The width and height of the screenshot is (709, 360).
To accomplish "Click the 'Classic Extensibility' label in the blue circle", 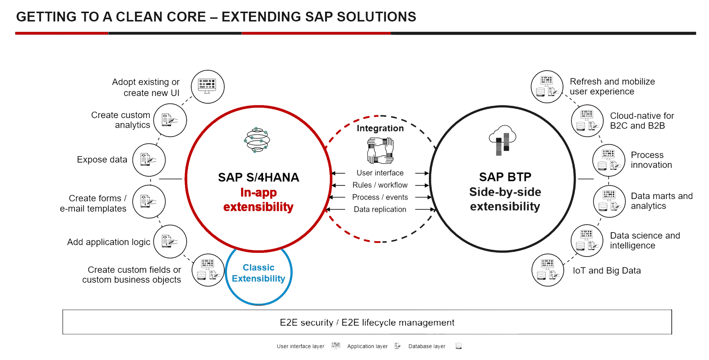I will point(258,273).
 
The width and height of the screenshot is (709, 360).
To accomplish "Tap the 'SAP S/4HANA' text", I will point(258,177).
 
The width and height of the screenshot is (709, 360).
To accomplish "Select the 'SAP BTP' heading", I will point(505,177).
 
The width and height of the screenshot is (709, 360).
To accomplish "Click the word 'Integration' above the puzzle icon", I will point(380,128).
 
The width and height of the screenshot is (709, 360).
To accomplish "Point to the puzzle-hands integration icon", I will point(380,151).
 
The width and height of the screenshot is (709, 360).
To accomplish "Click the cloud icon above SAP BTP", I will point(502,140).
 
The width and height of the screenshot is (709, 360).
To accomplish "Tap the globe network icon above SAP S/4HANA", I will point(257,140).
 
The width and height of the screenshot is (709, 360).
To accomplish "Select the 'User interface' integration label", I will point(380,173).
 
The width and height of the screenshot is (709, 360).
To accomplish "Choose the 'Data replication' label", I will point(380,210).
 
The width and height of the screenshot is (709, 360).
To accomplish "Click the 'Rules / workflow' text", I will point(380,185).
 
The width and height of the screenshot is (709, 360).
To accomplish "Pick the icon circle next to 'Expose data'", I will point(149,160).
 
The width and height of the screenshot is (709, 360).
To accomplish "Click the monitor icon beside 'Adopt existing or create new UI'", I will point(207,87).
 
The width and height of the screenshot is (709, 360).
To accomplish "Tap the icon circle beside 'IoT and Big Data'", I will point(548,270).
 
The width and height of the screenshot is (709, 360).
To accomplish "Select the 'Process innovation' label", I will point(651,160).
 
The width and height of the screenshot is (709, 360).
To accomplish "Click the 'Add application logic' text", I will point(108,242).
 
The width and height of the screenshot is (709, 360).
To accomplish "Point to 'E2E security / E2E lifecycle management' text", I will point(367,322).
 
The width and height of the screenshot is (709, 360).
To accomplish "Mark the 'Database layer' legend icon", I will point(458,346).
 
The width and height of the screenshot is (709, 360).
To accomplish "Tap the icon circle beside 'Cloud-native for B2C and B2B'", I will point(587,121).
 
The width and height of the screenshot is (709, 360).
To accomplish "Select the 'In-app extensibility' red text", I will point(258,200).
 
